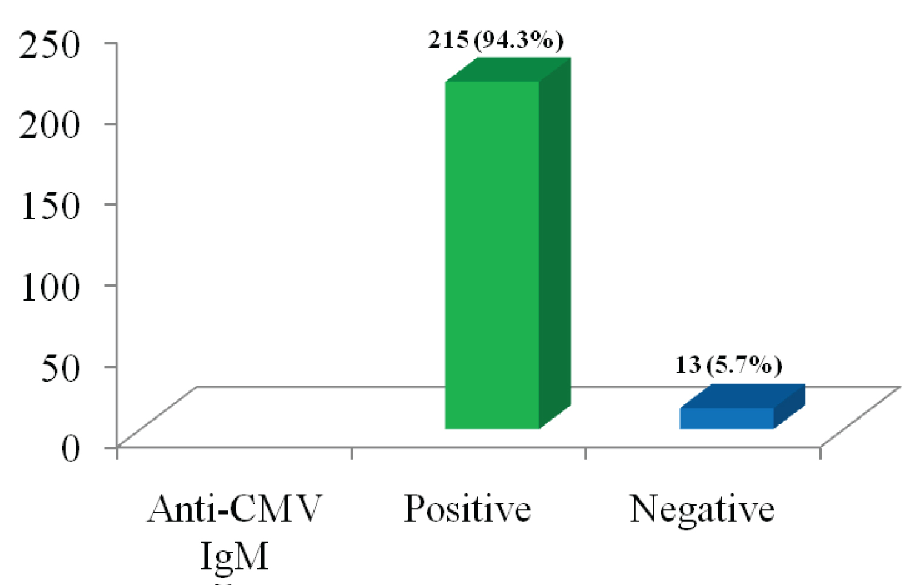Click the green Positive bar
[492, 255]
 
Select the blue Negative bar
[726, 418]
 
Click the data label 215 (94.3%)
[496, 40]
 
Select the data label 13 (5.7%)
[728, 365]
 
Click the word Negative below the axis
[702, 509]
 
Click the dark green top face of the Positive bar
[508, 70]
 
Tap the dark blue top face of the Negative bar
[742, 396]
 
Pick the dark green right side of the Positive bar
[555, 242]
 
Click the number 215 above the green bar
[448, 40]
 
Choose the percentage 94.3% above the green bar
[519, 40]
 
